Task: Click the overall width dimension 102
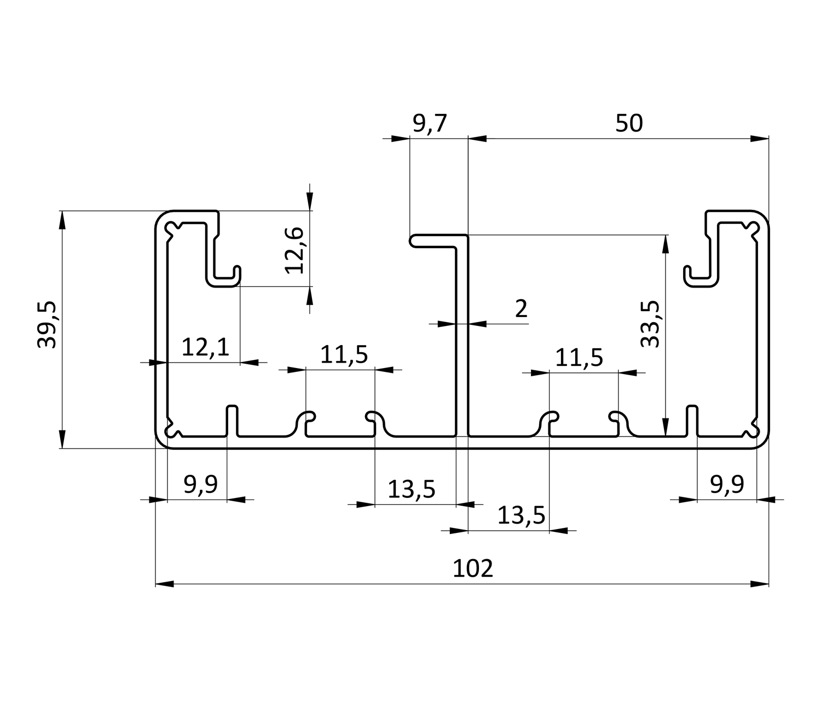[473, 569]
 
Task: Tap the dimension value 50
[628, 124]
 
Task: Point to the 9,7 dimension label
[430, 124]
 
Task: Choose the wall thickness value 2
[521, 309]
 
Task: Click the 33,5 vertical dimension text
[651, 324]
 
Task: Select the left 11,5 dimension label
[344, 355]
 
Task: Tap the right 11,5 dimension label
[579, 358]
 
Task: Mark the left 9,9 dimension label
[200, 484]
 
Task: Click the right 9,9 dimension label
[727, 484]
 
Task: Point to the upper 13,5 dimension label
[411, 489]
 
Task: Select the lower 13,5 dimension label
[521, 515]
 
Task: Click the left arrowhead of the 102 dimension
[165, 584]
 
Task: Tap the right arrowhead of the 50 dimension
[760, 139]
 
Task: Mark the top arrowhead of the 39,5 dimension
[62, 220]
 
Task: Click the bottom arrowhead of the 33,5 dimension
[665, 427]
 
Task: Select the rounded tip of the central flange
[414, 241]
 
